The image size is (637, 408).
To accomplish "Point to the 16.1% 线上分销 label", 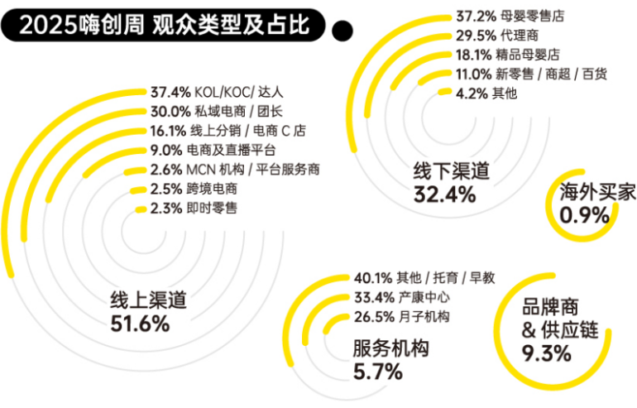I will [x=227, y=131].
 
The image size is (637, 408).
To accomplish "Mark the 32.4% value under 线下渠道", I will [x=444, y=194].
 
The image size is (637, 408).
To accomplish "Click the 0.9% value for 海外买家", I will [x=584, y=215].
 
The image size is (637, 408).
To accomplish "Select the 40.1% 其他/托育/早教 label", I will [x=424, y=277].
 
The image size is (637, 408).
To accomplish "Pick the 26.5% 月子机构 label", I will [x=402, y=317].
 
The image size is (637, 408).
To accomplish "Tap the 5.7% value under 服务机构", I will [x=377, y=372].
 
